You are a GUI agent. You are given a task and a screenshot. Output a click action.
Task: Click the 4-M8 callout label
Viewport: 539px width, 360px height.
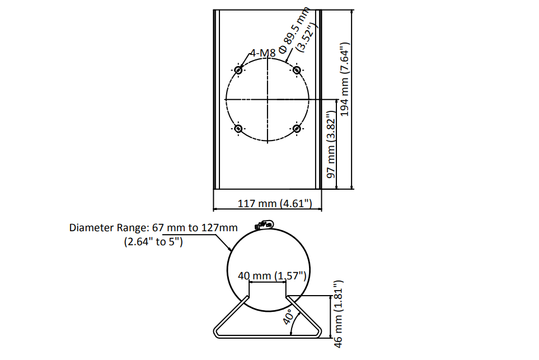[263, 53]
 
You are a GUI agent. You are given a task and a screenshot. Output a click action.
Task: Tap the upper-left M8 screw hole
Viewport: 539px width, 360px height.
[238, 70]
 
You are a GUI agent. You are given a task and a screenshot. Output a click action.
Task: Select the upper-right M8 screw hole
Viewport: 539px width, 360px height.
[297, 70]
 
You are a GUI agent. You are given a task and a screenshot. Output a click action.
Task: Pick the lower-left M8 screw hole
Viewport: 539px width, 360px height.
[238, 129]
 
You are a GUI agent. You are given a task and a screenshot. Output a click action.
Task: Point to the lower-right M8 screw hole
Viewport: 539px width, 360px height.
[297, 129]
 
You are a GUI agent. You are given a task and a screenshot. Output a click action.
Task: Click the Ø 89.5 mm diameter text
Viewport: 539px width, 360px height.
[295, 30]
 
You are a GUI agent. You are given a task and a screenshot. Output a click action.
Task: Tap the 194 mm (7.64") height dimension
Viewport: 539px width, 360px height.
[344, 79]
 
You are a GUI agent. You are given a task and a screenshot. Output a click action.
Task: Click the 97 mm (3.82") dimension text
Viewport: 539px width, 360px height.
[331, 144]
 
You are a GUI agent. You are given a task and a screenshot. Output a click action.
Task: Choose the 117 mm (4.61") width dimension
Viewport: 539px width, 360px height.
[275, 203]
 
